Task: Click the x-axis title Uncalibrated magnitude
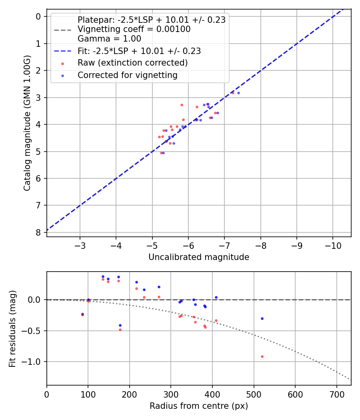[x=199, y=257]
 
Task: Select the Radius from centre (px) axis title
[x=199, y=406]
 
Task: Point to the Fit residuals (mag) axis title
[x=12, y=328]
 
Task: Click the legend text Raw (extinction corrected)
[x=132, y=63]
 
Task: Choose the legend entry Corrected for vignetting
[x=127, y=75]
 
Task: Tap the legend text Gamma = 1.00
[x=109, y=39]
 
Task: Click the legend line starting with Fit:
[x=139, y=51]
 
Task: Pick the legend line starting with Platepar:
[x=151, y=20]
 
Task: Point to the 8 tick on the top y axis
[x=38, y=232]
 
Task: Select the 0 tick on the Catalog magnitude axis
[x=38, y=16]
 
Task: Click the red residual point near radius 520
[x=262, y=356]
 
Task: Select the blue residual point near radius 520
[x=262, y=318]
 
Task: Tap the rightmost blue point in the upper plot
[x=238, y=93]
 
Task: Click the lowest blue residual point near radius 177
[x=120, y=325]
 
